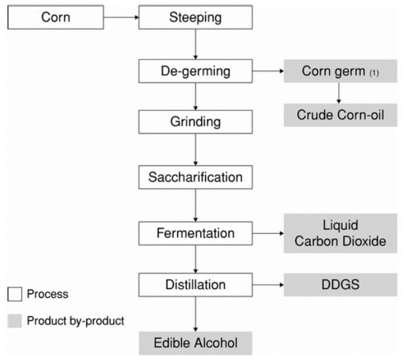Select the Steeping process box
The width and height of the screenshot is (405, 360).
click(195, 17)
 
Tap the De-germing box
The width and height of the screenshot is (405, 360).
click(195, 71)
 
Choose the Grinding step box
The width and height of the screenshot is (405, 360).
click(195, 121)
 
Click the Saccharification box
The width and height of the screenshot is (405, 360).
click(195, 178)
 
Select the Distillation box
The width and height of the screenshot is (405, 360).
click(195, 284)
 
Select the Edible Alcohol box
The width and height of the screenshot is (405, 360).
click(195, 341)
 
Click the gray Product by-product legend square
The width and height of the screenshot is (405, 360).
click(15, 321)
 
